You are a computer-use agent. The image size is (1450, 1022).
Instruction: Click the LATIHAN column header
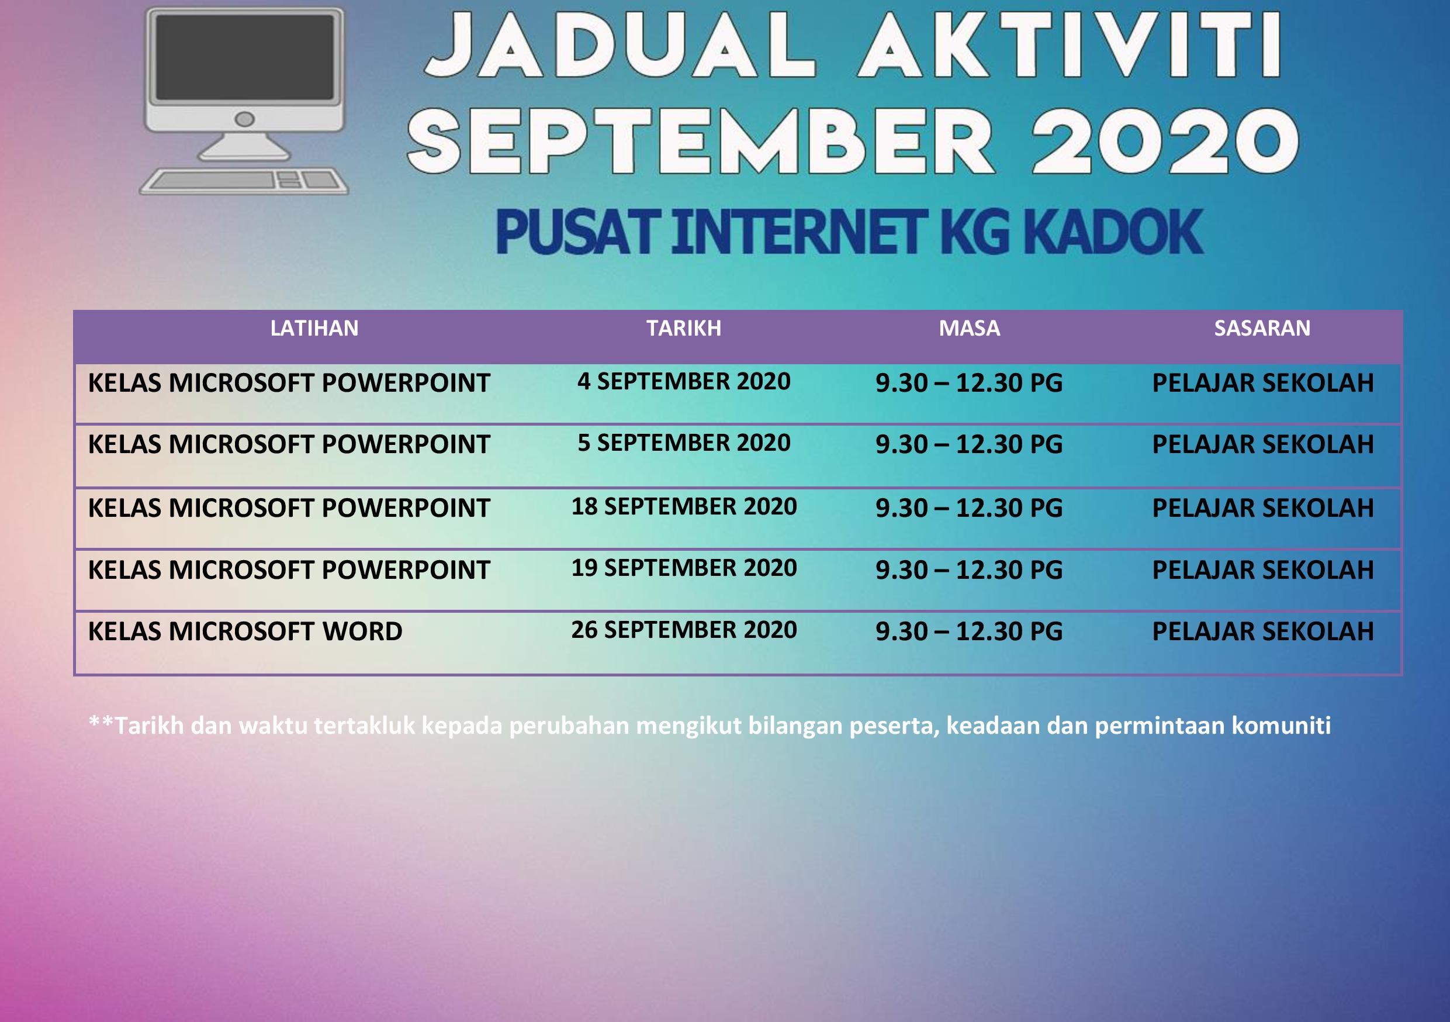[314, 329]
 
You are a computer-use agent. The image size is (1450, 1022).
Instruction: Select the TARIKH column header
[684, 329]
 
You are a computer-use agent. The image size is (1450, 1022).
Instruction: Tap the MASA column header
[970, 329]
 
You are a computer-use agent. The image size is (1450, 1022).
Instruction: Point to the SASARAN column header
[1262, 329]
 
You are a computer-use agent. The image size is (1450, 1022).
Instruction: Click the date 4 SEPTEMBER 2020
[684, 382]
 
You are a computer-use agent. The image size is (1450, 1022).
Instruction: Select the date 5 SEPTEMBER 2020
[684, 443]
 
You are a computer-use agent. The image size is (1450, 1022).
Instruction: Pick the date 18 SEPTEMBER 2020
[684, 506]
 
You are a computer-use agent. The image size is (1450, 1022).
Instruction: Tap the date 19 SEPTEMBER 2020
[684, 568]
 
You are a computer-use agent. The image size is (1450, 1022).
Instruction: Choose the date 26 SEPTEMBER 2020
[684, 630]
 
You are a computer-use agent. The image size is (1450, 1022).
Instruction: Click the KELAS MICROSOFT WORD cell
[245, 631]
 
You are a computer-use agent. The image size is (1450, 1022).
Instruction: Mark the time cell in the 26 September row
[970, 631]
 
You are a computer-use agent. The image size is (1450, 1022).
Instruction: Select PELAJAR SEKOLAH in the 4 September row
[1262, 384]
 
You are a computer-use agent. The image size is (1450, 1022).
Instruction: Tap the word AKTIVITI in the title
[1070, 46]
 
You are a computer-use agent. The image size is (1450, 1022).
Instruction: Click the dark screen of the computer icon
[244, 57]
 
